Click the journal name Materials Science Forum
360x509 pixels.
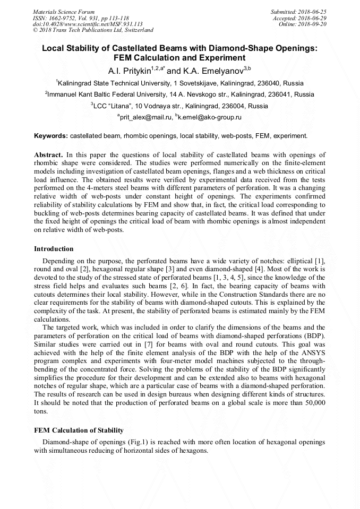click(64, 11)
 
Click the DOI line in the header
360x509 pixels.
click(88, 24)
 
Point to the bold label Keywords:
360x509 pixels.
click(51, 136)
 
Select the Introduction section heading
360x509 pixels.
click(54, 249)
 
